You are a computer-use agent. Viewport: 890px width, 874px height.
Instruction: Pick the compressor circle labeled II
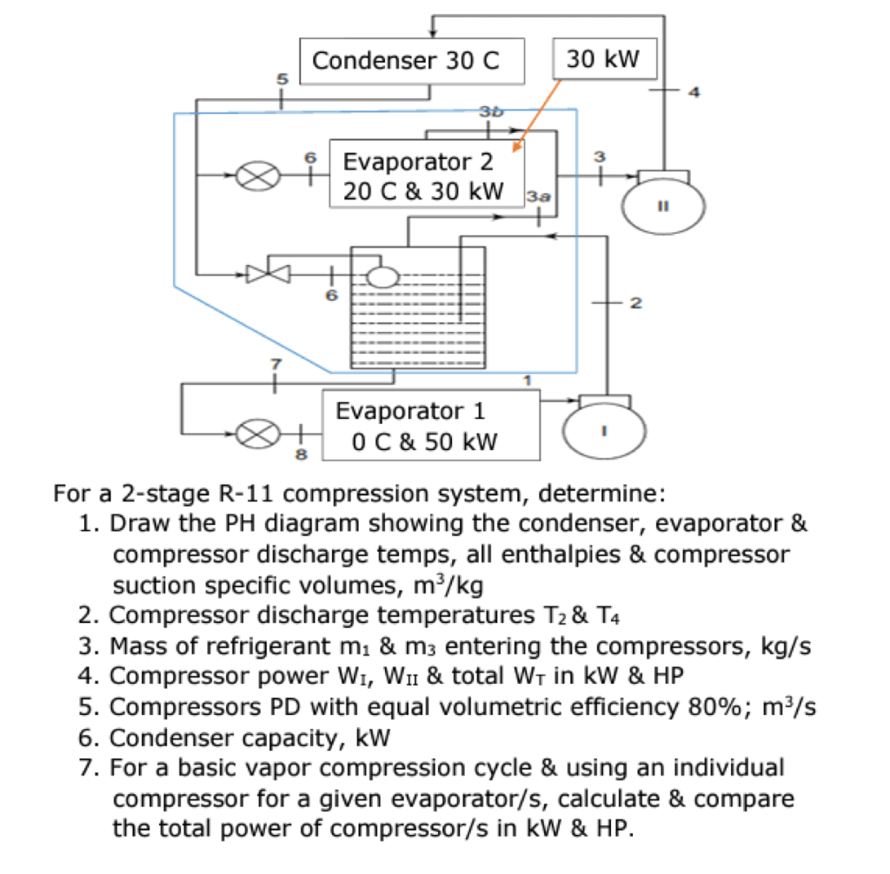(662, 206)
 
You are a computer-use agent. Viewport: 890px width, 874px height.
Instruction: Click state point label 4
(693, 91)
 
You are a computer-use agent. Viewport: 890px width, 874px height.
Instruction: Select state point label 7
(276, 361)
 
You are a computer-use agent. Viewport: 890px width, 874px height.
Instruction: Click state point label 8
(302, 453)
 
